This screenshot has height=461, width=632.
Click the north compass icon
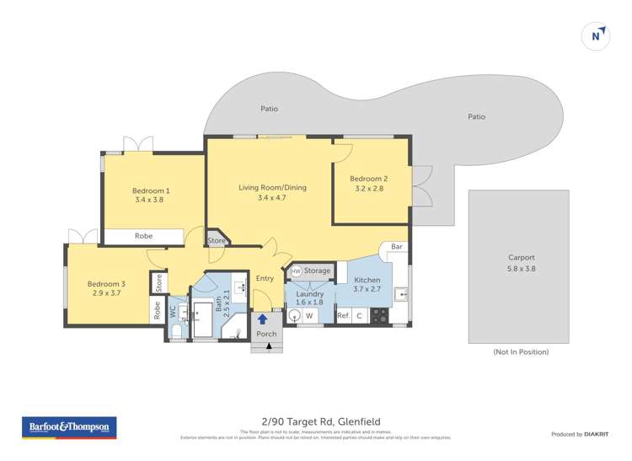pos(596,35)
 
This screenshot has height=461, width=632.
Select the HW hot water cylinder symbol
pos(297,271)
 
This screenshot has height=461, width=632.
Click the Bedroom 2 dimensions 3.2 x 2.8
pos(368,189)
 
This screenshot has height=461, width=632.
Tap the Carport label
pos(522,258)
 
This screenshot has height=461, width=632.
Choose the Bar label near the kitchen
pos(396,248)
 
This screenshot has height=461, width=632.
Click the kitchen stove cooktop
pos(380,316)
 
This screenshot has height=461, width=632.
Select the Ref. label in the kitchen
pos(343,316)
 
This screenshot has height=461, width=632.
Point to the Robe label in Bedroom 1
pos(143,236)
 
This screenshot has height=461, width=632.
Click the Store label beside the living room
pos(217,240)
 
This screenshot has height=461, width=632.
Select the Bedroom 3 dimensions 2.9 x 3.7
pos(105,295)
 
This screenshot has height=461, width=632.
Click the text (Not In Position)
pos(521,351)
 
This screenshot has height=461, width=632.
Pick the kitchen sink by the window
pos(402,295)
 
